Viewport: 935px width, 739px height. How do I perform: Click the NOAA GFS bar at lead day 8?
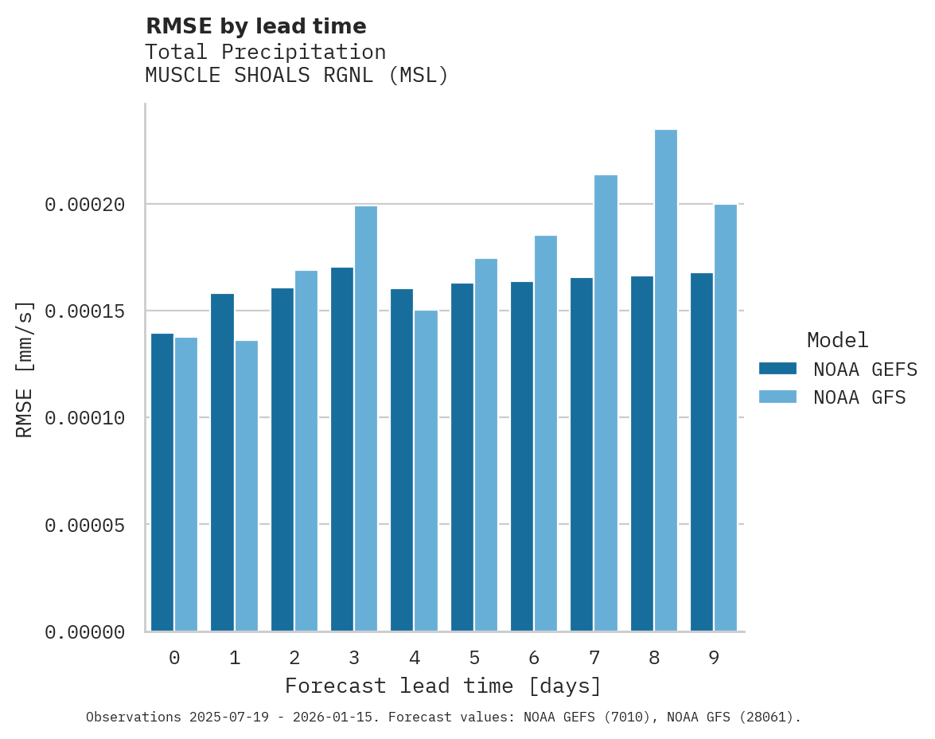(x=666, y=381)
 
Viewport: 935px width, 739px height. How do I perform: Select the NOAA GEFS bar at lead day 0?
(x=162, y=483)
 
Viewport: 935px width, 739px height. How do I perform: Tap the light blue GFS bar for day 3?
(x=366, y=419)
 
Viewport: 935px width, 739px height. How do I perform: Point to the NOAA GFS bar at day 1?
(x=247, y=486)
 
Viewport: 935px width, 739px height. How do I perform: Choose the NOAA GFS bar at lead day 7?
(x=606, y=403)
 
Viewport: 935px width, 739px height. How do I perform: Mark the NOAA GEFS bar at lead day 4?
(x=402, y=460)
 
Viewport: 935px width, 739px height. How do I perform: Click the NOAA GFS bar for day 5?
(x=486, y=445)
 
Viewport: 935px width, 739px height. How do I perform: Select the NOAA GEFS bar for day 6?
(x=522, y=456)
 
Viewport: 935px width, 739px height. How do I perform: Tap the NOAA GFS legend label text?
(x=859, y=397)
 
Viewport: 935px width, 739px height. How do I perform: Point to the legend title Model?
(x=837, y=340)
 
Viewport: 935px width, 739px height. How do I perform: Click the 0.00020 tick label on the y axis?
(x=85, y=205)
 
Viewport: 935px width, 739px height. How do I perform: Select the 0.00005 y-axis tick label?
(x=85, y=526)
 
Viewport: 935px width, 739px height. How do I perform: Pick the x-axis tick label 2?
(x=294, y=658)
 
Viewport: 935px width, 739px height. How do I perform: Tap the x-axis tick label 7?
(x=594, y=658)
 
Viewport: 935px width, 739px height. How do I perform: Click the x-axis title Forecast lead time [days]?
(x=443, y=686)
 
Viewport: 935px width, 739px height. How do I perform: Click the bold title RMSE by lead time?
(x=256, y=26)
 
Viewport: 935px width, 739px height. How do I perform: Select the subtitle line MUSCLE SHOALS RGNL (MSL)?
(x=297, y=76)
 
